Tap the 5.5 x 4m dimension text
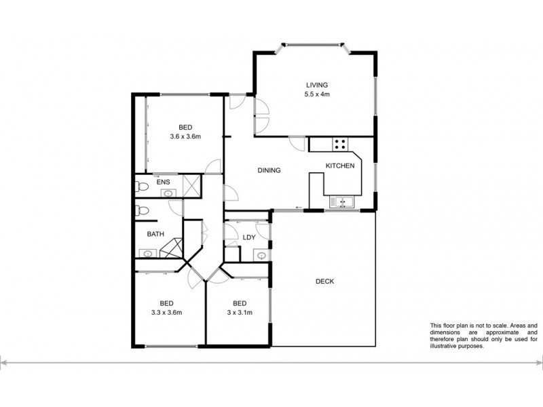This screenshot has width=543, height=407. click(317, 94)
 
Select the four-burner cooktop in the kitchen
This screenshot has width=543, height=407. click(340, 144)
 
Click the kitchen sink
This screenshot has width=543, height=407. click(340, 201)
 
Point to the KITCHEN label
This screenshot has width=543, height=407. click(339, 166)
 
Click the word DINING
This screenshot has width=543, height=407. click(269, 170)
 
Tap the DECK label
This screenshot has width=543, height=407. click(325, 281)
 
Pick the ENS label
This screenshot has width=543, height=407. click(163, 182)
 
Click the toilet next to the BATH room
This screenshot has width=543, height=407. click(142, 211)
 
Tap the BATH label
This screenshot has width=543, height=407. click(156, 234)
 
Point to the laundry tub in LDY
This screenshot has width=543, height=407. click(261, 254)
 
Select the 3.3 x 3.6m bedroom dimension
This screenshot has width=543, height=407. click(166, 312)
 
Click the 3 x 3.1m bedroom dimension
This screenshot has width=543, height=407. click(238, 312)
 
